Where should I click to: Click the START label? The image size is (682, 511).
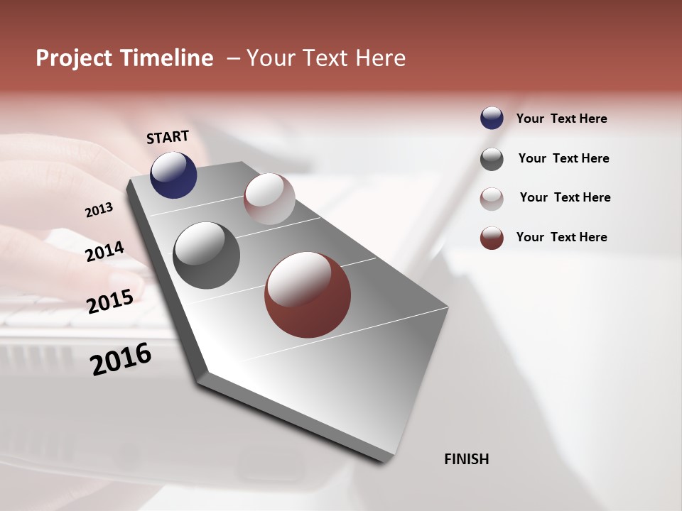[x=168, y=137]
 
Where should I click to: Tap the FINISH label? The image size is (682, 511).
[x=466, y=459]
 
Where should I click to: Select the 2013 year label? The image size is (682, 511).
[x=99, y=210]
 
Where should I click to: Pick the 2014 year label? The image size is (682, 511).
[x=104, y=251]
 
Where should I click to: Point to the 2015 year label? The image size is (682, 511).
[x=110, y=302]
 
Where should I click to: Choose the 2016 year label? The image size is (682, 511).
[x=121, y=359]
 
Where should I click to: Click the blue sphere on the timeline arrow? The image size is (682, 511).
[x=173, y=175]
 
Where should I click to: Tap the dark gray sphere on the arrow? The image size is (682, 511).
[x=206, y=255]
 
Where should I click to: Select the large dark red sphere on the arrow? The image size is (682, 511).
[x=307, y=295]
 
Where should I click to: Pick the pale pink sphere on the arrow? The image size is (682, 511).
[x=269, y=199]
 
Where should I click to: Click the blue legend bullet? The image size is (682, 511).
[x=492, y=118]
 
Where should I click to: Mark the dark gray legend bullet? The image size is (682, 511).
[x=492, y=159]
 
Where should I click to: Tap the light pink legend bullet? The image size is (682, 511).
[x=492, y=199]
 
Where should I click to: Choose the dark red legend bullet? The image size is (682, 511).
[x=492, y=238]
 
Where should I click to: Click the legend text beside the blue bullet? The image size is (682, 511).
[x=561, y=119]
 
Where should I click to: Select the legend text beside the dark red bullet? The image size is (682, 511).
[x=561, y=237]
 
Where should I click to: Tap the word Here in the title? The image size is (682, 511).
[x=381, y=58]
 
